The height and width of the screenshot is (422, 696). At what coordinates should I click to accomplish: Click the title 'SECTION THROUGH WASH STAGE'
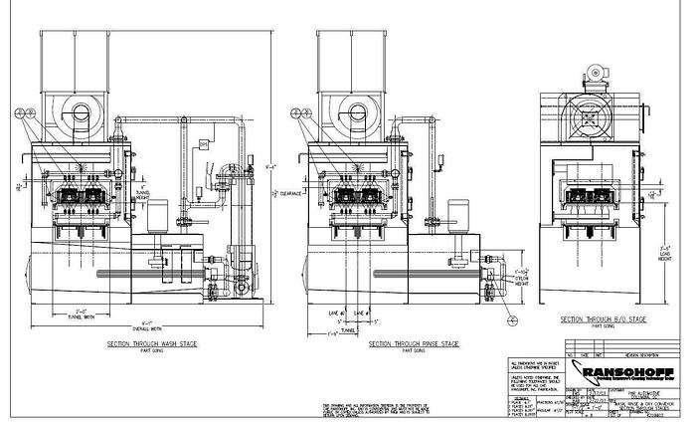click(151, 342)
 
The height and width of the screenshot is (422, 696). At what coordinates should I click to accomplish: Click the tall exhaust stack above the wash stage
click(70, 50)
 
